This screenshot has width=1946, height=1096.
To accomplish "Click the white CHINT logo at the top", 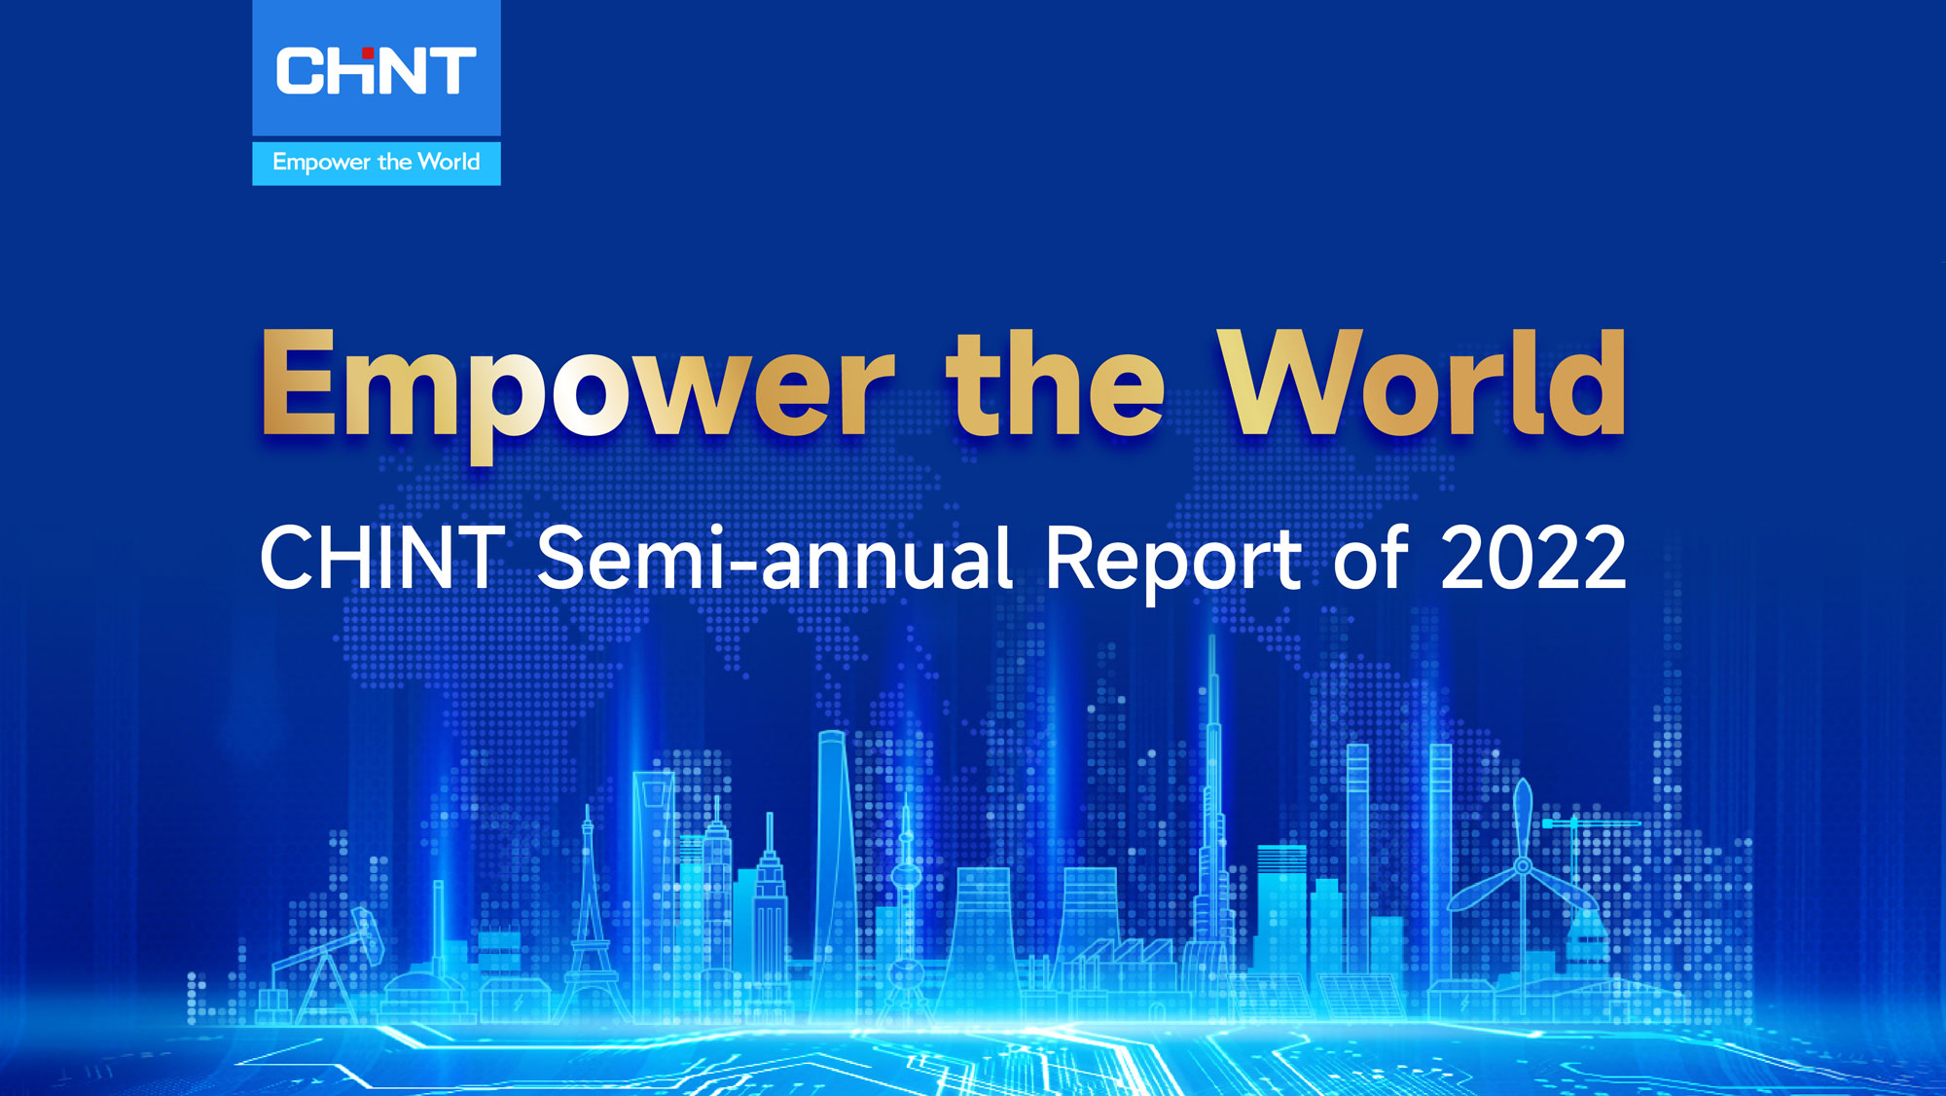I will pyautogui.click(x=376, y=72).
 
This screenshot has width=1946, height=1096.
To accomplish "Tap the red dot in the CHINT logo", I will pyautogui.click(x=368, y=54).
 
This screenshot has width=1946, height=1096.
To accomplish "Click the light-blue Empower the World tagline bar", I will pyautogui.click(x=376, y=163).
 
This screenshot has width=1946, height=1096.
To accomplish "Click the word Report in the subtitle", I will pyautogui.click(x=1172, y=560).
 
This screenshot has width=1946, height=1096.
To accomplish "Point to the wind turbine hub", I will pyautogui.click(x=1523, y=865).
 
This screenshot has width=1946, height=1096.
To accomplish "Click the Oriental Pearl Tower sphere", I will pyautogui.click(x=906, y=876).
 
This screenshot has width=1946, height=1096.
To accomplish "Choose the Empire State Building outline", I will pyautogui.click(x=770, y=905).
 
